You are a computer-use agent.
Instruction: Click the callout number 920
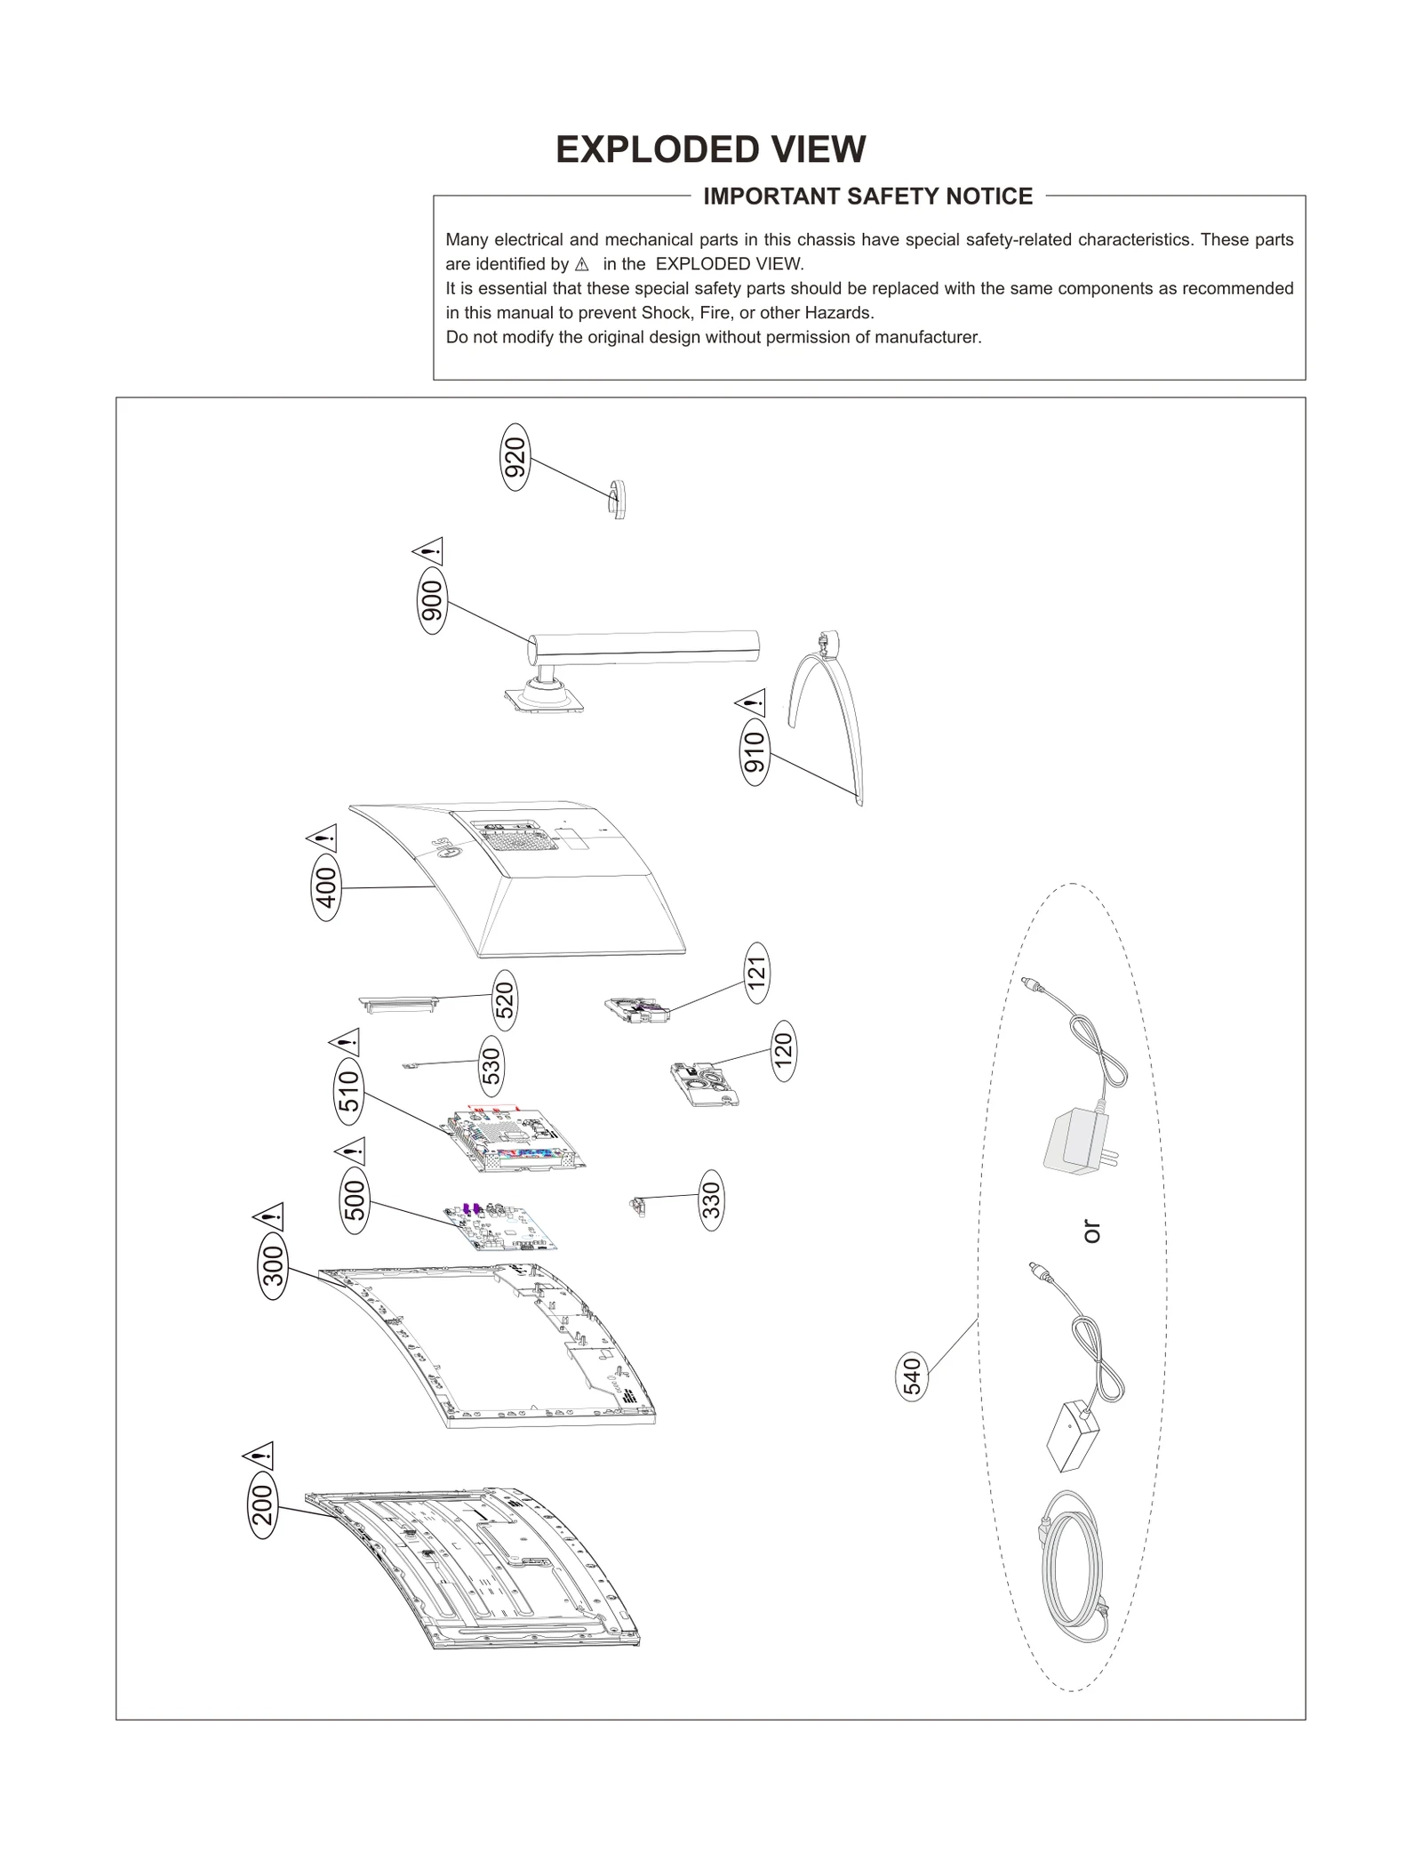click(515, 457)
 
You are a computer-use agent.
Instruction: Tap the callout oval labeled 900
click(432, 604)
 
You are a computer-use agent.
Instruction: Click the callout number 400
click(327, 887)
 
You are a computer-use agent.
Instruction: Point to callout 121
click(756, 973)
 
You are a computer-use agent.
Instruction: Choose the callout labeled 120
click(783, 1051)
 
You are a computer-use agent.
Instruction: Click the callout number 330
click(711, 1200)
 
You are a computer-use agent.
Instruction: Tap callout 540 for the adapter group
click(913, 1376)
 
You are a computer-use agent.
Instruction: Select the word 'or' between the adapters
click(1091, 1231)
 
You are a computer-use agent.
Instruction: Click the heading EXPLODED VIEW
click(710, 149)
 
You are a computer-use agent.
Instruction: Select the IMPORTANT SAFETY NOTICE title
click(867, 197)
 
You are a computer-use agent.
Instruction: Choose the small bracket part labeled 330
click(636, 1206)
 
